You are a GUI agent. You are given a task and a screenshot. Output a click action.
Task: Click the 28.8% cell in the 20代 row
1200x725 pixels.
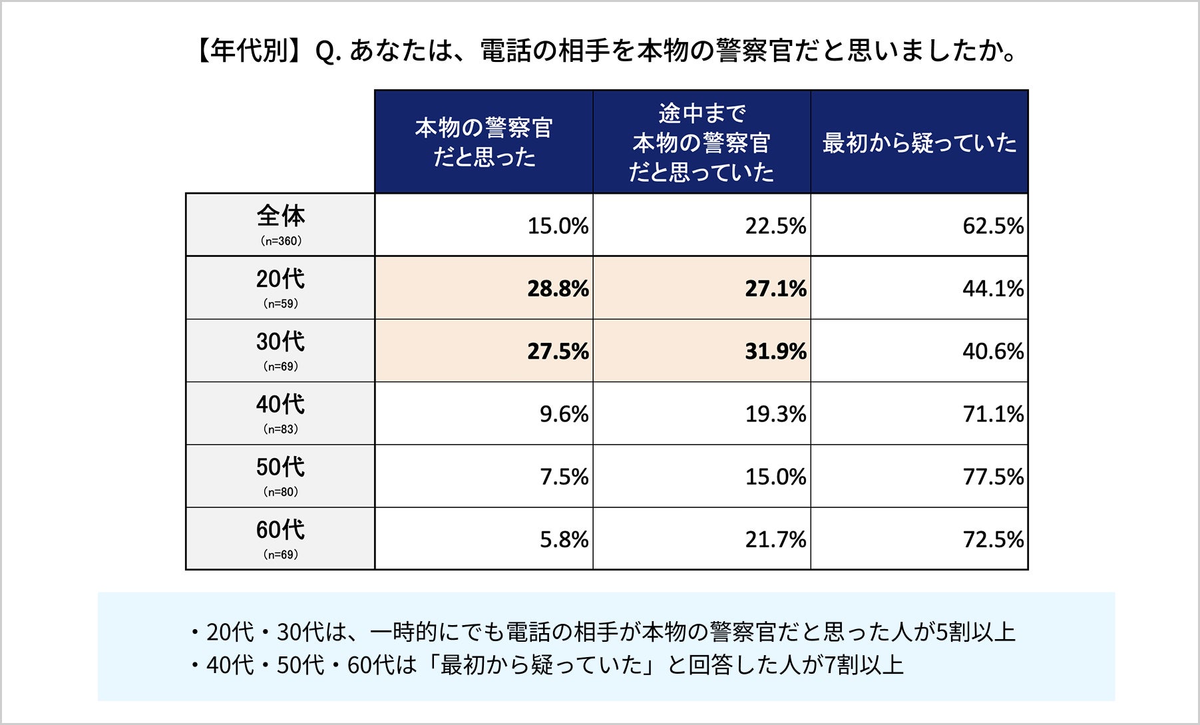tap(558, 289)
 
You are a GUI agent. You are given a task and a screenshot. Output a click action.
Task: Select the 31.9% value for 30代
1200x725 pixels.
tap(775, 352)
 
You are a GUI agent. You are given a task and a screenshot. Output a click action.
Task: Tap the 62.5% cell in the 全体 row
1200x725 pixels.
tap(993, 226)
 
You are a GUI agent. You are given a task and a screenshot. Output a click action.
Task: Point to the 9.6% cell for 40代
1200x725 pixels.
tap(564, 414)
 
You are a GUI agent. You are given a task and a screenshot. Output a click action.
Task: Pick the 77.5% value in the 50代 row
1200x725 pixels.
tap(993, 477)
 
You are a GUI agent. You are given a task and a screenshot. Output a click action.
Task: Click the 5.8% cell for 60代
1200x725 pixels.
tap(564, 539)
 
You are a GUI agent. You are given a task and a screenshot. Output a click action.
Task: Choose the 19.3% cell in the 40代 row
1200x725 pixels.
tap(775, 414)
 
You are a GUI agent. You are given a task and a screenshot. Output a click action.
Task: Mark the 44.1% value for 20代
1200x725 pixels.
tap(993, 289)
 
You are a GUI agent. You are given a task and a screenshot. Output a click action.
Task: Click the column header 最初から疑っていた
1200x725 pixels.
tap(919, 142)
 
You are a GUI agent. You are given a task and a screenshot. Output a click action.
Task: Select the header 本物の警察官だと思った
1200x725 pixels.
tap(484, 142)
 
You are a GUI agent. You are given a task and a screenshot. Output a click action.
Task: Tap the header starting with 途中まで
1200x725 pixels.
tap(701, 142)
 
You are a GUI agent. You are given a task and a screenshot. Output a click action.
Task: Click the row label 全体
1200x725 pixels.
tap(281, 216)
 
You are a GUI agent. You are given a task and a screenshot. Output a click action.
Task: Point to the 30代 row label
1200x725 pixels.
tap(281, 342)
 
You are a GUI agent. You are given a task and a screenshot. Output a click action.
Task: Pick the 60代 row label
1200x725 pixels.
tap(281, 530)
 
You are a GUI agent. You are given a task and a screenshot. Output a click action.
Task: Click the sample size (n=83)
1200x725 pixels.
tap(281, 429)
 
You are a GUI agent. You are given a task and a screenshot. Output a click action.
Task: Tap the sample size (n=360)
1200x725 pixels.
tap(281, 241)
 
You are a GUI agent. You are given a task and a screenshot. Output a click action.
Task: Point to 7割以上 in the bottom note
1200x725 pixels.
tap(864, 665)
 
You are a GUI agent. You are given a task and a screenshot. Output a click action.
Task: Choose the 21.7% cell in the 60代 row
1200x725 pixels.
tap(775, 539)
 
